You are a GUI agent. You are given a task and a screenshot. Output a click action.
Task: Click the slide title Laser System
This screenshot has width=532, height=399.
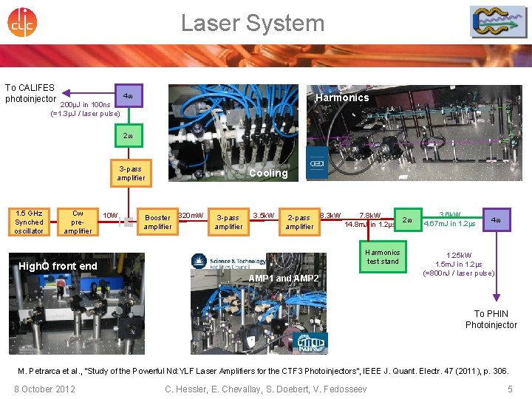point(253,23)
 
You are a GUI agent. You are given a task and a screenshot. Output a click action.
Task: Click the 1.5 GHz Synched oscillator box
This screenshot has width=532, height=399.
point(30,222)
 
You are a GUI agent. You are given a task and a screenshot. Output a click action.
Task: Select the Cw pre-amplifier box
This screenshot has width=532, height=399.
point(78,222)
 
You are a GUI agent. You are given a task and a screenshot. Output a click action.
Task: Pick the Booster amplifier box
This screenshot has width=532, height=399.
point(157,222)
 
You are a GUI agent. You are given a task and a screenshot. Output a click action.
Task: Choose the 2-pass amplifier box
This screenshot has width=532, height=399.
point(299,222)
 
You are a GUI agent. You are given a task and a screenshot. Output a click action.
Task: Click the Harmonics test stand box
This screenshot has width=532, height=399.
point(383,256)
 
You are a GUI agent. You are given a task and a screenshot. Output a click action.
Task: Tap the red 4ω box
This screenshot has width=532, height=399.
point(497,220)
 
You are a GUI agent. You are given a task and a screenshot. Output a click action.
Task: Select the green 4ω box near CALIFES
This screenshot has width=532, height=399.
point(128,96)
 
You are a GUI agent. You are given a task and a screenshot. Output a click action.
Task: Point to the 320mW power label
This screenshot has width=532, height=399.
point(191,216)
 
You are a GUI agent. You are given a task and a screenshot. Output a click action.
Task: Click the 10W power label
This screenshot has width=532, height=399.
point(110,215)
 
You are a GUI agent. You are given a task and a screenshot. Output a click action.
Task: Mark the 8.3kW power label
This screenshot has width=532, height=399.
point(330,216)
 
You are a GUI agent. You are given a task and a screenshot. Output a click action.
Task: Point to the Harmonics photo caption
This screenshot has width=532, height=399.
point(341,98)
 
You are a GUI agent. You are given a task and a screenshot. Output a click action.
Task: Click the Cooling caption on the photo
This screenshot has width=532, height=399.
point(268,174)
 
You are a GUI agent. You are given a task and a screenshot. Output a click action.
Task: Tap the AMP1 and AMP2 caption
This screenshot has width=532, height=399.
point(284,279)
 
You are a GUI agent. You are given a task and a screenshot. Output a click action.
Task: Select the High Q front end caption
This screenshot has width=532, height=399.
point(58,266)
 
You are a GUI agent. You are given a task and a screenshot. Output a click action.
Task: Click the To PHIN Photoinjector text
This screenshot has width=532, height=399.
point(491,319)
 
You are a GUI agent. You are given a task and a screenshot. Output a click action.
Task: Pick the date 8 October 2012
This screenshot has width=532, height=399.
point(44,389)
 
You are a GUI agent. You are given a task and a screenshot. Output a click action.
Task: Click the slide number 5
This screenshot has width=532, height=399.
point(510,389)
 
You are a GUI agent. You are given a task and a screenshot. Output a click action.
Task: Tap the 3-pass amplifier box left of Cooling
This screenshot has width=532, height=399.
point(132,174)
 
